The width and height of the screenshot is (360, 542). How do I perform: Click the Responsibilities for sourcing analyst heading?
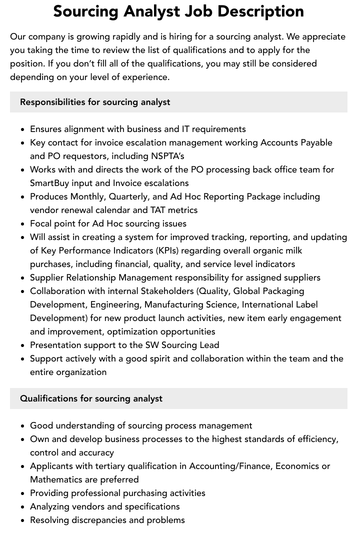pos(95,102)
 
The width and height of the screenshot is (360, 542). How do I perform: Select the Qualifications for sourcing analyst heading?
pos(91,398)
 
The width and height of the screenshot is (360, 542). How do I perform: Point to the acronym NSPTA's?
pos(167,156)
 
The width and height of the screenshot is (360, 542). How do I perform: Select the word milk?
pos(292,250)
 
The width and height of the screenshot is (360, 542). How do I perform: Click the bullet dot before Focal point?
pos(22,224)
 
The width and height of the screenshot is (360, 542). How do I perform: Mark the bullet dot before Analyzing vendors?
pos(22,507)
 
